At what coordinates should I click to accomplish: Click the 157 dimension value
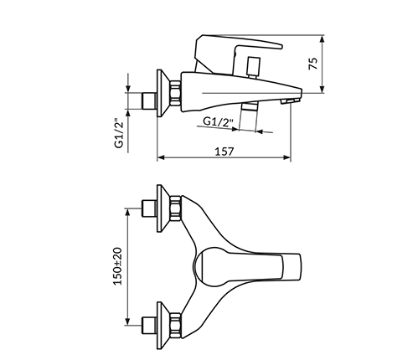pyautogui.click(x=224, y=152)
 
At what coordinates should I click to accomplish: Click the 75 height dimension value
pyautogui.click(x=313, y=64)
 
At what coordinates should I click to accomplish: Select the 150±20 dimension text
pyautogui.click(x=118, y=266)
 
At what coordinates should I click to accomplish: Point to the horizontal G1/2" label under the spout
pyautogui.click(x=218, y=121)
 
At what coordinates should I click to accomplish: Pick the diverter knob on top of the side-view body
pyautogui.click(x=254, y=67)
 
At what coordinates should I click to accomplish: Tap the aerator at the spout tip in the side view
pyautogui.click(x=289, y=101)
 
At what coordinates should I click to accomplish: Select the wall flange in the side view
pyautogui.click(x=163, y=93)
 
